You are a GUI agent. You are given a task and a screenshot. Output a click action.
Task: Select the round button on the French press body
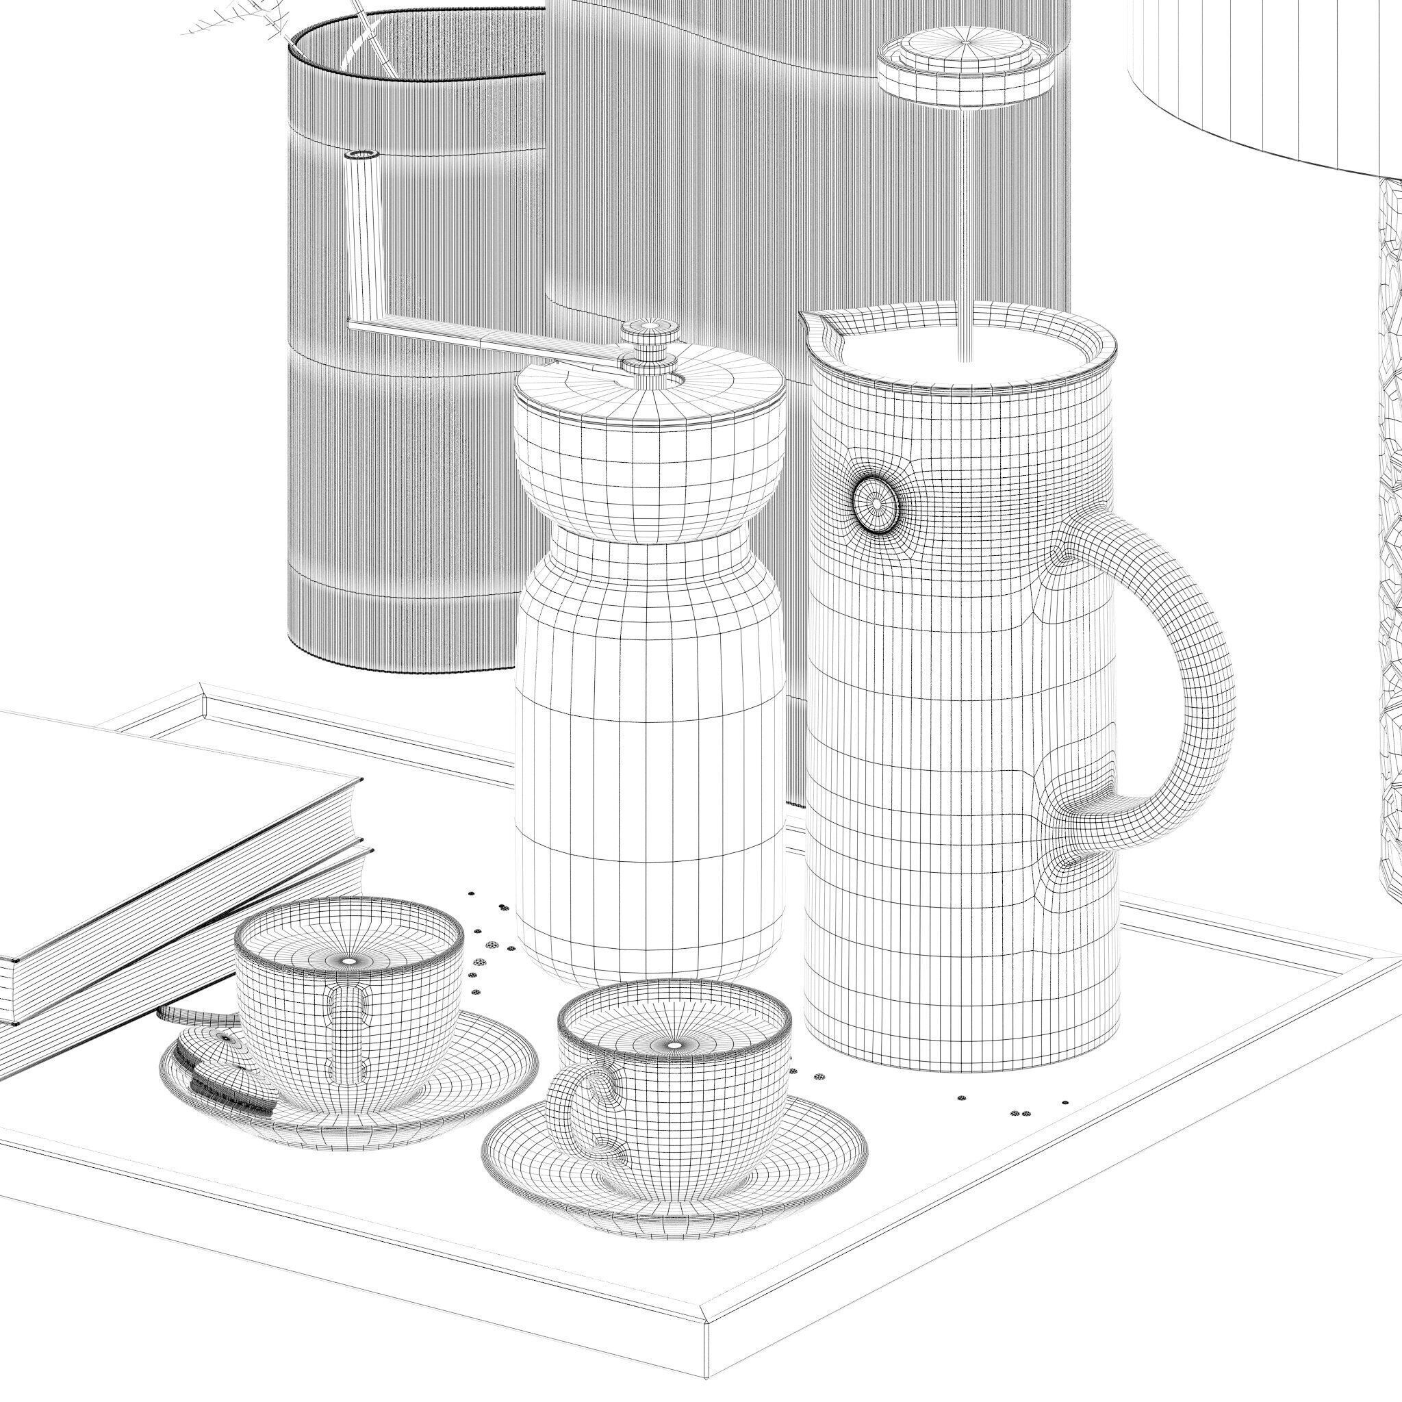point(877,503)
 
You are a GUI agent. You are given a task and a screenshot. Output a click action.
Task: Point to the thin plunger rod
point(965,218)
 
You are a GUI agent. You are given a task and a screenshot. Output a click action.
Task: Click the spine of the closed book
point(181,943)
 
